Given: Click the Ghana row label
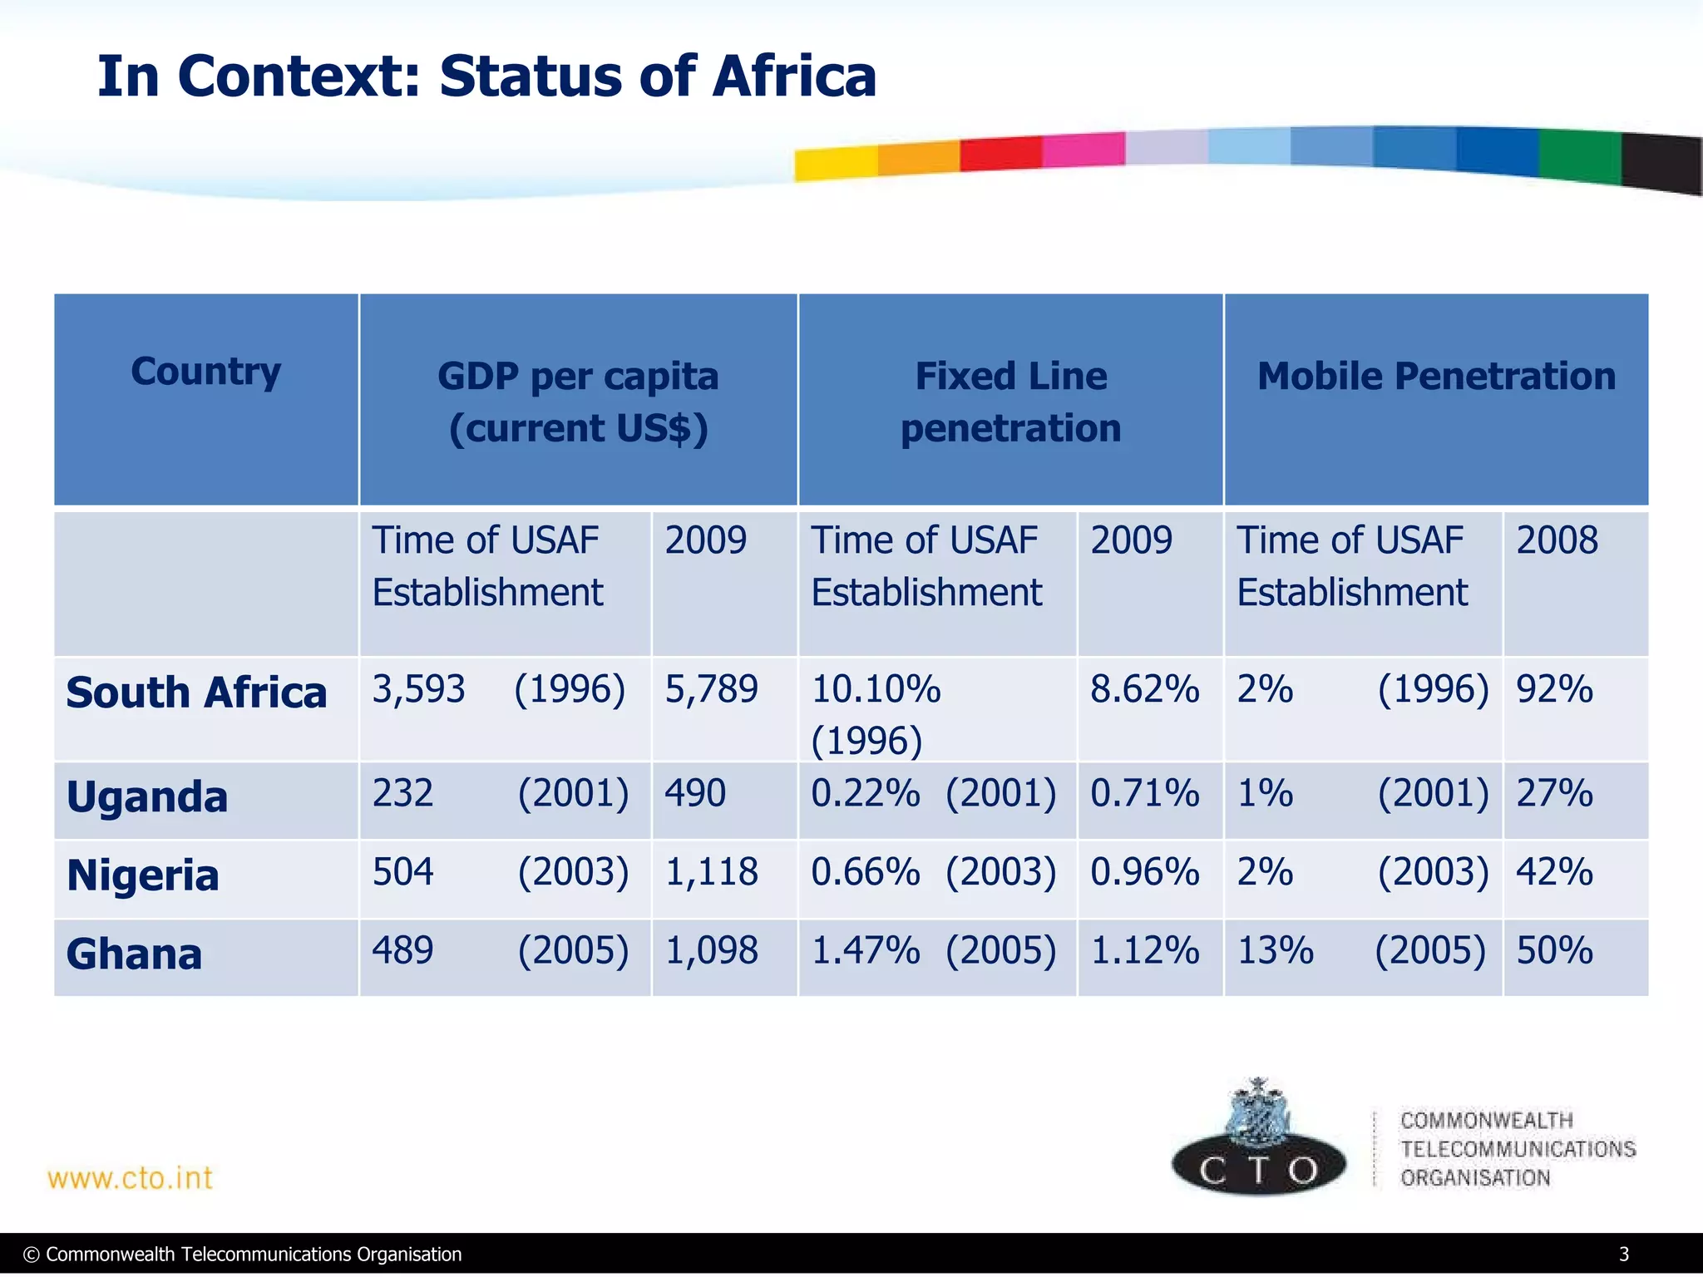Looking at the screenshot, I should click(x=134, y=954).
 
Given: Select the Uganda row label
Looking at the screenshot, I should click(x=146, y=797).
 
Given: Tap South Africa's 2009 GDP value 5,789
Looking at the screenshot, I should click(x=711, y=689).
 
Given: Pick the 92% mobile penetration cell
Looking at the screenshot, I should click(x=1554, y=689).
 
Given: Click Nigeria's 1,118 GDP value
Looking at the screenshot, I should click(x=711, y=872).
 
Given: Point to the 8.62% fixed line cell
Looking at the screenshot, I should click(x=1144, y=689).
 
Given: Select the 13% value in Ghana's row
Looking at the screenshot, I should click(x=1276, y=950).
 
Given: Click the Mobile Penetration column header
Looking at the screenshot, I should click(x=1436, y=377).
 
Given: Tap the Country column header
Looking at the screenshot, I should click(x=205, y=372).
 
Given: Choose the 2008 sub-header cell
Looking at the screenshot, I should click(x=1557, y=540).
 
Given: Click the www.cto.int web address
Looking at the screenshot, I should click(x=131, y=1178).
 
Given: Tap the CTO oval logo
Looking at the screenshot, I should click(x=1258, y=1166).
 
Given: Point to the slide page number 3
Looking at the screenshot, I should click(x=1623, y=1254).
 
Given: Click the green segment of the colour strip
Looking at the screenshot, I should click(x=1579, y=155).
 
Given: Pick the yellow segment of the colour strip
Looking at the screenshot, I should click(x=835, y=163).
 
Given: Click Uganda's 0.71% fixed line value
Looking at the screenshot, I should click(x=1144, y=793).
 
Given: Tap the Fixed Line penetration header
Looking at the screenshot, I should click(x=1010, y=402).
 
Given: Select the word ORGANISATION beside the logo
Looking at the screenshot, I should click(x=1475, y=1178).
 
